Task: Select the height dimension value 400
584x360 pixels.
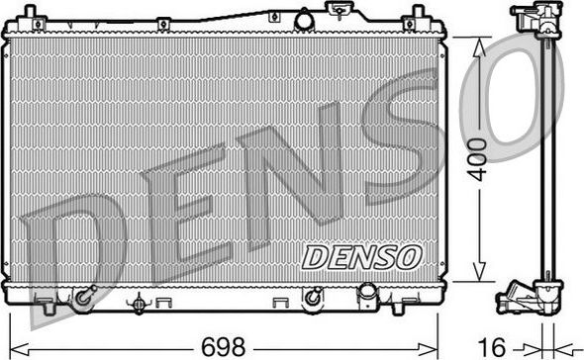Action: tap(478, 158)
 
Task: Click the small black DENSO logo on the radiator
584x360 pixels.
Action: tap(361, 256)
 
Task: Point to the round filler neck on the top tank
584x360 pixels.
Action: tap(303, 19)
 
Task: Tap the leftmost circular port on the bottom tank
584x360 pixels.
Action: tap(83, 296)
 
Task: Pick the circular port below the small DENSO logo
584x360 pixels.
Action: tap(312, 296)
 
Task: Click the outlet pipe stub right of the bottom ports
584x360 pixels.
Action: tap(368, 297)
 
